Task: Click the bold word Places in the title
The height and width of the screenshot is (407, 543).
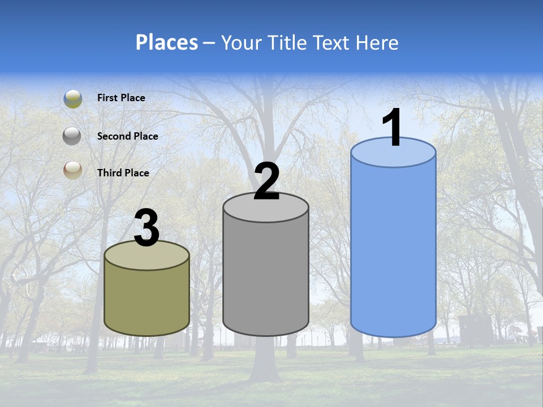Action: (x=167, y=42)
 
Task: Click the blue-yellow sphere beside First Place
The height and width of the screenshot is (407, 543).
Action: (x=72, y=98)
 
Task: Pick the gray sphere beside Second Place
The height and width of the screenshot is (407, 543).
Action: (x=72, y=136)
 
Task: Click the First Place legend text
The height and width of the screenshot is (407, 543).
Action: (x=121, y=98)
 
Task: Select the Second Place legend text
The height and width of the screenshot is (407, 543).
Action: (x=127, y=136)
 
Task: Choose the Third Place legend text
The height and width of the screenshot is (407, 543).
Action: (x=123, y=173)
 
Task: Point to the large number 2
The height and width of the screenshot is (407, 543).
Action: (x=267, y=181)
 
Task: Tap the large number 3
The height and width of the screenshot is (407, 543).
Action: (x=146, y=228)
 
